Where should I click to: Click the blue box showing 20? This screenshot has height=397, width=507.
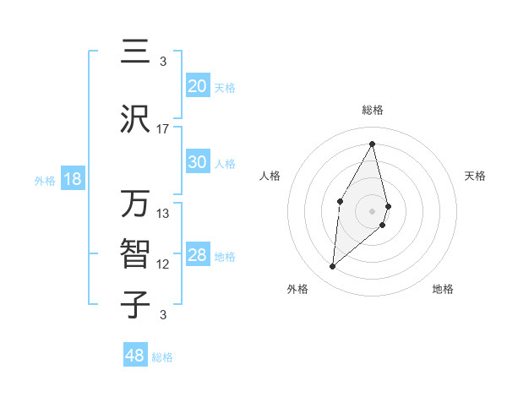click(x=198, y=86)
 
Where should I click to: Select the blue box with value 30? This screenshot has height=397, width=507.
click(x=198, y=162)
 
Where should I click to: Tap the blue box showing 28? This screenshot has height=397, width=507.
click(x=198, y=255)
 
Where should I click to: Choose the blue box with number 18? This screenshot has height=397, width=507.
click(x=72, y=179)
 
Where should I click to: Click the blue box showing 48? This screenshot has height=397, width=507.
click(x=135, y=356)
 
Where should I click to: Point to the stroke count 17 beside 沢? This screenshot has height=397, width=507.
click(x=163, y=129)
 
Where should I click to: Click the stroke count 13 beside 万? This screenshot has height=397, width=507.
click(x=163, y=214)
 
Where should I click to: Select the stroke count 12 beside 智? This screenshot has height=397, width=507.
click(x=163, y=264)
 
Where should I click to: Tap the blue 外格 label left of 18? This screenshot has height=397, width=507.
click(x=44, y=180)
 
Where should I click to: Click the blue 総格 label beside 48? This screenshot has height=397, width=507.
click(x=162, y=357)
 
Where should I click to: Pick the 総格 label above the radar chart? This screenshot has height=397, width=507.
click(x=373, y=110)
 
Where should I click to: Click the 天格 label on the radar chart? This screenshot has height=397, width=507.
click(x=476, y=176)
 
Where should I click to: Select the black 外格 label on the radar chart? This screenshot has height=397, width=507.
click(x=297, y=290)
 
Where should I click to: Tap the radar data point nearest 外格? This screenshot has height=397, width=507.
click(x=333, y=267)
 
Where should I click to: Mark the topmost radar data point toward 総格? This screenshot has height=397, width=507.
click(x=373, y=144)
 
